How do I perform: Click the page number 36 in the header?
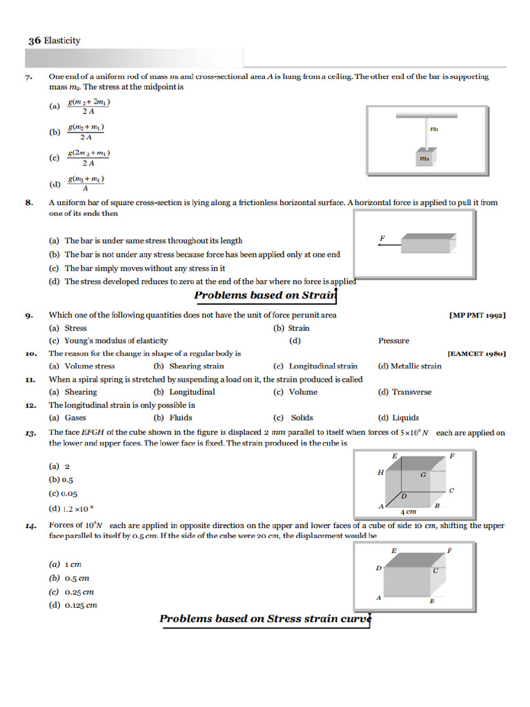pos(35,41)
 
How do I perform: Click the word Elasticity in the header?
pos(62,41)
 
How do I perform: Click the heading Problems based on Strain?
pos(264,296)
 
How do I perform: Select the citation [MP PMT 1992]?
pos(478,316)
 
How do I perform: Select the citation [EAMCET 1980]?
pos(477,353)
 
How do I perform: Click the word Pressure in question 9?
pos(393,340)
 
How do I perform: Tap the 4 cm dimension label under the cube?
pos(409,512)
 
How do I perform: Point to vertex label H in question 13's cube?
pos(380,473)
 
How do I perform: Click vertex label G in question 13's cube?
pos(423,475)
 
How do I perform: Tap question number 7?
pos(29,78)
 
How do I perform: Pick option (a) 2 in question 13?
pos(59,466)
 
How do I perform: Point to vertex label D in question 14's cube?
pos(378,568)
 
